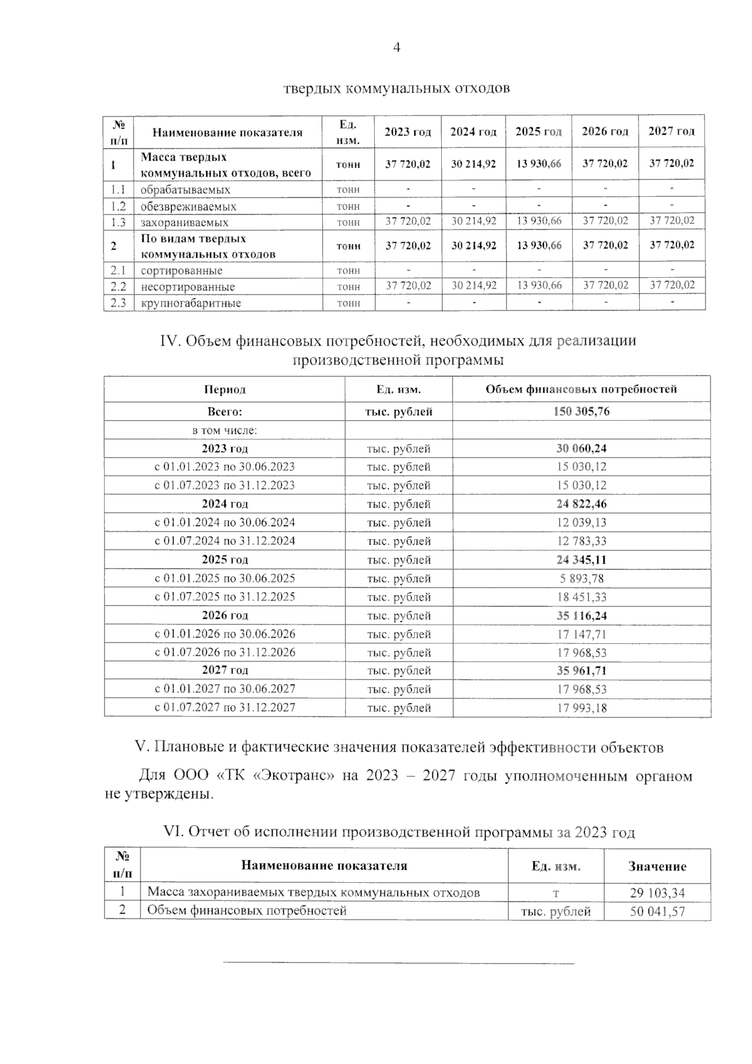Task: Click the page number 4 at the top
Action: (396, 48)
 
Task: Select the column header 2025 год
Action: (538, 132)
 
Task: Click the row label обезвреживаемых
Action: (188, 206)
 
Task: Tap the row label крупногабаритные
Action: (191, 303)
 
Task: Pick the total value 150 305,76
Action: (582, 411)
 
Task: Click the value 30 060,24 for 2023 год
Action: (582, 448)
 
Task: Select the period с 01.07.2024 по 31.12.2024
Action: (225, 541)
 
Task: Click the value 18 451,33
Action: (582, 597)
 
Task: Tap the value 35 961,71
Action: (582, 671)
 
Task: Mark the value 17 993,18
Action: (582, 708)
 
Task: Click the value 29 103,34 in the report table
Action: (657, 893)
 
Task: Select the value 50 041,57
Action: (657, 912)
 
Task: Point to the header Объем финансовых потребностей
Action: (581, 389)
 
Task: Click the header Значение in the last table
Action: (657, 866)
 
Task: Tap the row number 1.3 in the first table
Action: (118, 223)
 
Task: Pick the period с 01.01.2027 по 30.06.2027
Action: (225, 689)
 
